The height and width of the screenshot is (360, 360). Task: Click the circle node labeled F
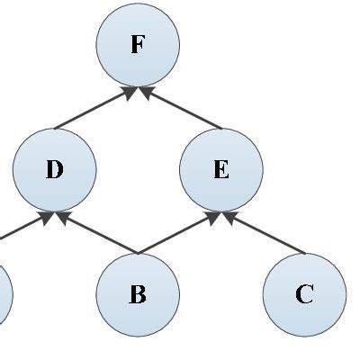(x=138, y=45)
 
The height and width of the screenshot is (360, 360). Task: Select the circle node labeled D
(x=55, y=169)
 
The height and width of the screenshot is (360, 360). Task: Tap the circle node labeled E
(x=221, y=169)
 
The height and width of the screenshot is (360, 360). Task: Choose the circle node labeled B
(x=138, y=294)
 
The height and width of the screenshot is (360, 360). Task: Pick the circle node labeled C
(x=304, y=294)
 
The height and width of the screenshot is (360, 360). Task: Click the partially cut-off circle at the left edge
(x=4, y=294)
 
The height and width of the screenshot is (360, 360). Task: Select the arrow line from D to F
(x=94, y=108)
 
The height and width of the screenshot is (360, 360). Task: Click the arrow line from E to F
(x=182, y=108)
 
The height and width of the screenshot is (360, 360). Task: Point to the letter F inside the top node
(x=137, y=45)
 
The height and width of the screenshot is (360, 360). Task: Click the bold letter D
(x=55, y=169)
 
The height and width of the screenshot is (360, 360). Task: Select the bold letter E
(x=221, y=169)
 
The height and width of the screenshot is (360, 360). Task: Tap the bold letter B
(x=138, y=294)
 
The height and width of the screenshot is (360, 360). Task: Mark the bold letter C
(x=304, y=294)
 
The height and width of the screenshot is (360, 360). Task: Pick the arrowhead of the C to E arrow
(x=229, y=216)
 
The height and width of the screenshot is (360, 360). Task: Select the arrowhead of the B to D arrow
(x=62, y=216)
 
